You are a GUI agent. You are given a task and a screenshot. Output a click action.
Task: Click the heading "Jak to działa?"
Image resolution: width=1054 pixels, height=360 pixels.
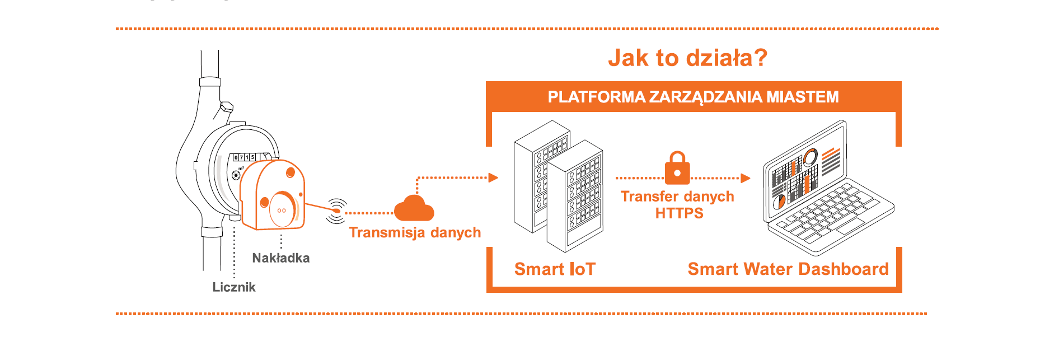pyautogui.click(x=687, y=58)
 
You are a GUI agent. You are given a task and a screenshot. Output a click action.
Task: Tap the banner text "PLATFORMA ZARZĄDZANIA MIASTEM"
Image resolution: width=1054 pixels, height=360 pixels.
pyautogui.click(x=693, y=97)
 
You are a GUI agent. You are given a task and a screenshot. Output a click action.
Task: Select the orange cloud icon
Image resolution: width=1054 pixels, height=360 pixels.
pyautogui.click(x=414, y=209)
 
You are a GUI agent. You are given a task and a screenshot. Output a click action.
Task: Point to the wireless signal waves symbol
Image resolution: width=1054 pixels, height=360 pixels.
pyautogui.click(x=336, y=211)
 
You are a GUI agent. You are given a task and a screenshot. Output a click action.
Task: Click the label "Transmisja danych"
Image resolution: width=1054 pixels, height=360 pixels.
pyautogui.click(x=415, y=232)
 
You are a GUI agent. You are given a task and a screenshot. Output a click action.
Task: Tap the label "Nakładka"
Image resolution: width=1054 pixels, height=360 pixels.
pyautogui.click(x=280, y=258)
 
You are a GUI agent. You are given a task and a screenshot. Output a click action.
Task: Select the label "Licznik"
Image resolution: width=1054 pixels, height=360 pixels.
pyautogui.click(x=234, y=287)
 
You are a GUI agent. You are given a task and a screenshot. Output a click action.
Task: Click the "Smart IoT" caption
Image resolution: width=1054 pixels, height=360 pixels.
pyautogui.click(x=555, y=269)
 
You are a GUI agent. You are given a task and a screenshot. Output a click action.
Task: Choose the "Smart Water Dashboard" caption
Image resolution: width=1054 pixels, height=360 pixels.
pyautogui.click(x=788, y=269)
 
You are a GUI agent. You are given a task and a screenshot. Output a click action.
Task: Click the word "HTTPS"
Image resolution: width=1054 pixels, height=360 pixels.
pyautogui.click(x=679, y=213)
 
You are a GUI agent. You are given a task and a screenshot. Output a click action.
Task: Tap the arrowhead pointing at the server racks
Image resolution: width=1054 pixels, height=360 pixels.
pyautogui.click(x=493, y=178)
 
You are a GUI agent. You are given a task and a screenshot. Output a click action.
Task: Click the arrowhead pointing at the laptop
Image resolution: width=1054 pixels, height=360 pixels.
pyautogui.click(x=746, y=179)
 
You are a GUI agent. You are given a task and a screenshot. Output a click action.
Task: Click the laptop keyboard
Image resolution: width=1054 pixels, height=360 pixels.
pyautogui.click(x=828, y=213)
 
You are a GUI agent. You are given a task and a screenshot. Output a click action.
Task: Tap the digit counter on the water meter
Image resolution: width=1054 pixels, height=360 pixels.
pyautogui.click(x=245, y=157)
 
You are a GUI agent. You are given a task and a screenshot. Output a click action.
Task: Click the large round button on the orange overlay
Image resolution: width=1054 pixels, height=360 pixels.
pyautogui.click(x=282, y=209)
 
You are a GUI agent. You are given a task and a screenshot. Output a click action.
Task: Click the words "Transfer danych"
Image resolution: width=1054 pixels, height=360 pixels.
pyautogui.click(x=677, y=197)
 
